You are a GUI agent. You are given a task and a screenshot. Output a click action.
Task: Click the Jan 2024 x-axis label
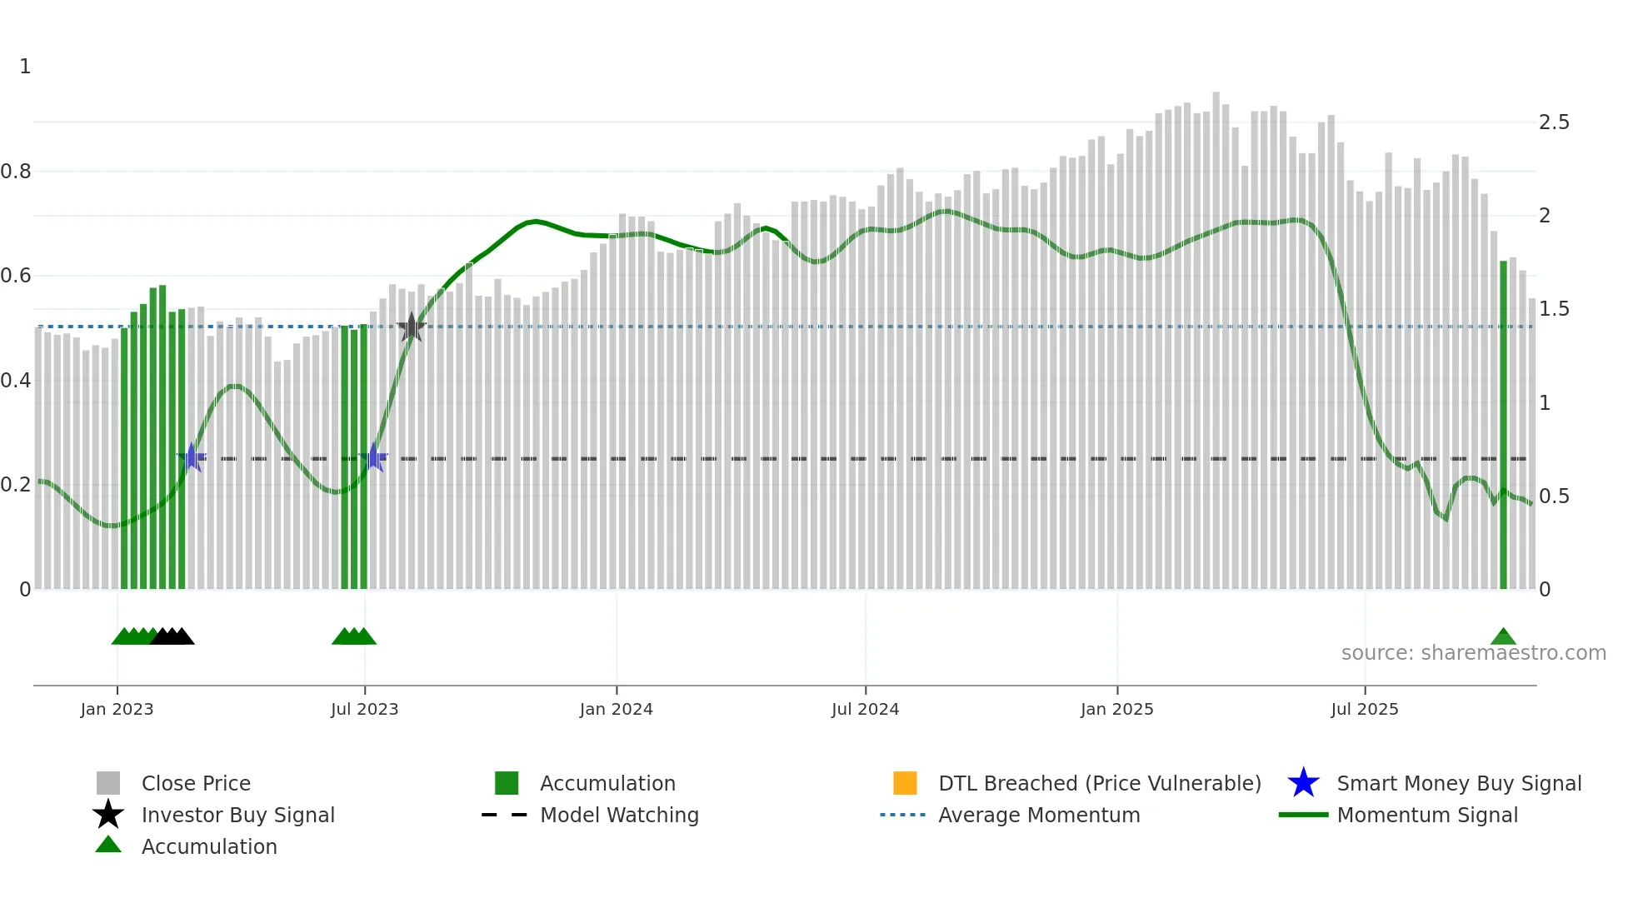[616, 709]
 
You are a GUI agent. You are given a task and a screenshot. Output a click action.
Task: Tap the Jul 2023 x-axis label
[364, 709]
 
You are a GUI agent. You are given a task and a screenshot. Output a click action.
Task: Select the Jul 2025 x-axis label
[1364, 709]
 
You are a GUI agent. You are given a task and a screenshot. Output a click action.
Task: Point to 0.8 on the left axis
[16, 172]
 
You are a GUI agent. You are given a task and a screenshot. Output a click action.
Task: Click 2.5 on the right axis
[1554, 122]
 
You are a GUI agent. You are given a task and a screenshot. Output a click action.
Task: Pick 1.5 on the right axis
[1554, 309]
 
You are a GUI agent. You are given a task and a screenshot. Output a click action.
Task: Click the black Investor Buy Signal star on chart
[411, 327]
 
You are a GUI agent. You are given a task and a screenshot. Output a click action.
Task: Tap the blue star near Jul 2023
[373, 457]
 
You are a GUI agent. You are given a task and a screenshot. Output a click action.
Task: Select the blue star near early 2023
[192, 457]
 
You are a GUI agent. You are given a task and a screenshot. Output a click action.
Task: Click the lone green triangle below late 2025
[1503, 637]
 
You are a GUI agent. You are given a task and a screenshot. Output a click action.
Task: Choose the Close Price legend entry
[108, 783]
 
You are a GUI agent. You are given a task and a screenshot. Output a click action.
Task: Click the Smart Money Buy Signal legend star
[1303, 783]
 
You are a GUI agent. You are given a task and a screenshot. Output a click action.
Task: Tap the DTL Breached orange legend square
[905, 783]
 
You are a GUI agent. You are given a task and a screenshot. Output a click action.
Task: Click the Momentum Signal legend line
[1303, 815]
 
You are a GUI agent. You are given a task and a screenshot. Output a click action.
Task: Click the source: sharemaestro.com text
[1473, 653]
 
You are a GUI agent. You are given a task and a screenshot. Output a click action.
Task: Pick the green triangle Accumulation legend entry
[108, 846]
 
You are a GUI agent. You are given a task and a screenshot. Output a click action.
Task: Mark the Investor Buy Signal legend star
[108, 815]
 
